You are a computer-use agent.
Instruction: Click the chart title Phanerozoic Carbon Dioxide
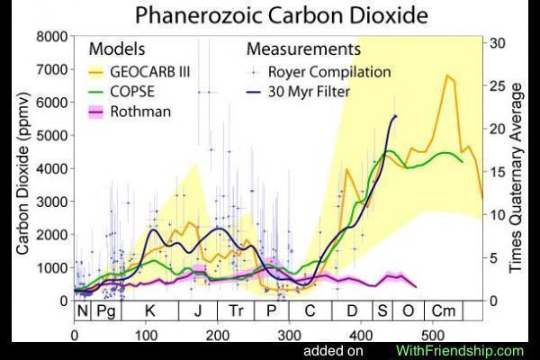tap(269, 15)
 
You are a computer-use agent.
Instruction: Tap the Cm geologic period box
tap(443, 311)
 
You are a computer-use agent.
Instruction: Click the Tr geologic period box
tap(235, 311)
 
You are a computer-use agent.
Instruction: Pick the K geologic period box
tap(149, 311)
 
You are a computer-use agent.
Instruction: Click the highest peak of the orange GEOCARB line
tap(446, 76)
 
